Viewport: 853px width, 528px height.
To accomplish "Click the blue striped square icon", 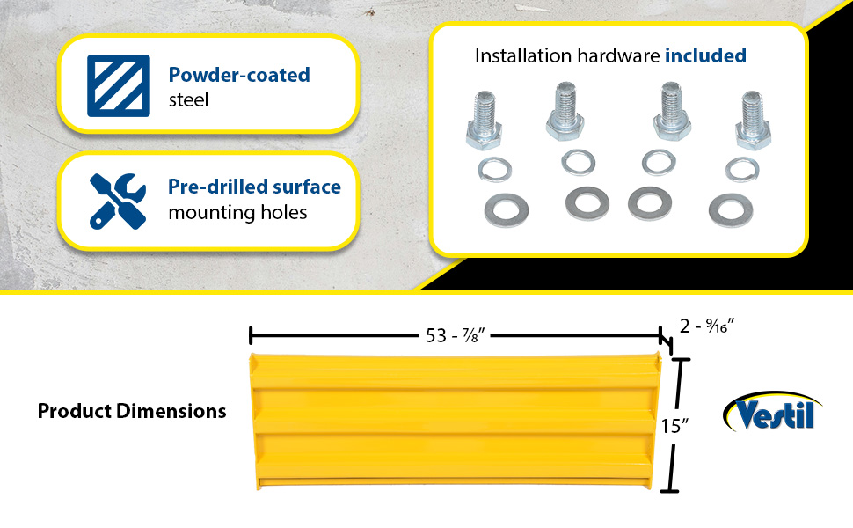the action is (119, 85).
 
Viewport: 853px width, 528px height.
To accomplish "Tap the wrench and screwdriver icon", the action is (118, 201).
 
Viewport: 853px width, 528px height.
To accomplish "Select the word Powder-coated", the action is (239, 75).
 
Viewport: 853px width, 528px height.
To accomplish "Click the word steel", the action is (188, 99).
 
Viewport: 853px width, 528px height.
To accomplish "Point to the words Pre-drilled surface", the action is (255, 187).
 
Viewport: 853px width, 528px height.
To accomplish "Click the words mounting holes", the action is (237, 212).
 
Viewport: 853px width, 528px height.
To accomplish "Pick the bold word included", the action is (705, 55).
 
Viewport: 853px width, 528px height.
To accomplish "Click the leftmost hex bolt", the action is (484, 120).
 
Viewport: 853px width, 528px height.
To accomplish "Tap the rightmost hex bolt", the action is (753, 120).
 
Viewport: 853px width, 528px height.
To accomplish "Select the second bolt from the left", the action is (565, 111).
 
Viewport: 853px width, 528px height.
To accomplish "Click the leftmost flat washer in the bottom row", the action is (506, 210).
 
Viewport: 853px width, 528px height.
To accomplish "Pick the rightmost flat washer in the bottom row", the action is (731, 209).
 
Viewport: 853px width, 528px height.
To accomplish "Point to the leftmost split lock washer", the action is (495, 169).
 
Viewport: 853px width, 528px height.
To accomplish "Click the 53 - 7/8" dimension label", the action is (455, 335).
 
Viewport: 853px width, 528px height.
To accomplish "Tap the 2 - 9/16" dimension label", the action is (707, 326).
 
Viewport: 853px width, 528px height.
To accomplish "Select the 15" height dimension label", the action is (675, 426).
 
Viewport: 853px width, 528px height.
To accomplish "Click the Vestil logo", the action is (772, 412).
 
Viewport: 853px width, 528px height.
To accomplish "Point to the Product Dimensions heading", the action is (132, 411).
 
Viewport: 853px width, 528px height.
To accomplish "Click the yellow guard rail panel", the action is (456, 421).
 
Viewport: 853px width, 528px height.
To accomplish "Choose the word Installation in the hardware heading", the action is (523, 55).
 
